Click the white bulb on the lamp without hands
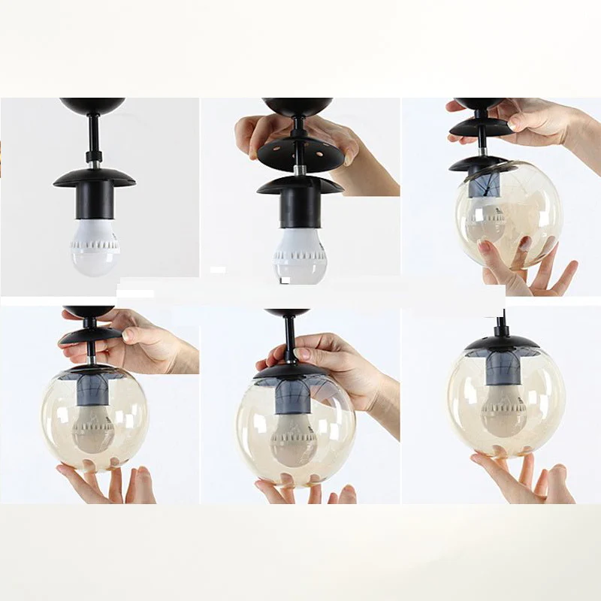95,244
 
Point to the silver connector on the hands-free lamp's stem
95,159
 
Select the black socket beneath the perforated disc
300,207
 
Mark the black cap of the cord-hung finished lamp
501,343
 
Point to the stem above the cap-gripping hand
289,338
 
